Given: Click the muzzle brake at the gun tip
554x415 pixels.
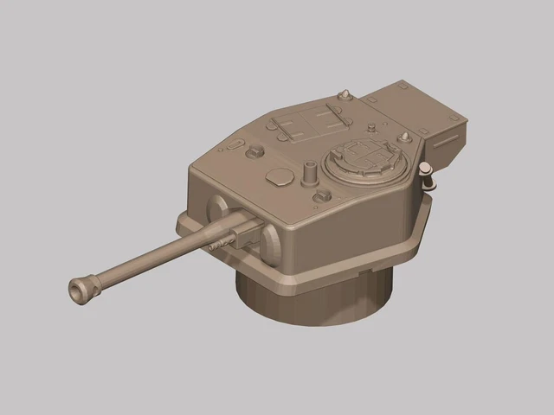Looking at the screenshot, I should pos(82,289).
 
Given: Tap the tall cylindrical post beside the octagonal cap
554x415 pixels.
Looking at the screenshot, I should pos(308,172).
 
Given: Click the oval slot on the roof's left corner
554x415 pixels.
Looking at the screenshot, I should pos(235,142).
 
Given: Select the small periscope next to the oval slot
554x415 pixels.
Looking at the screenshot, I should pos(254,153).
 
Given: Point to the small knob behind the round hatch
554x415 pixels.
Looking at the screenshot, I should pos(373,129).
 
